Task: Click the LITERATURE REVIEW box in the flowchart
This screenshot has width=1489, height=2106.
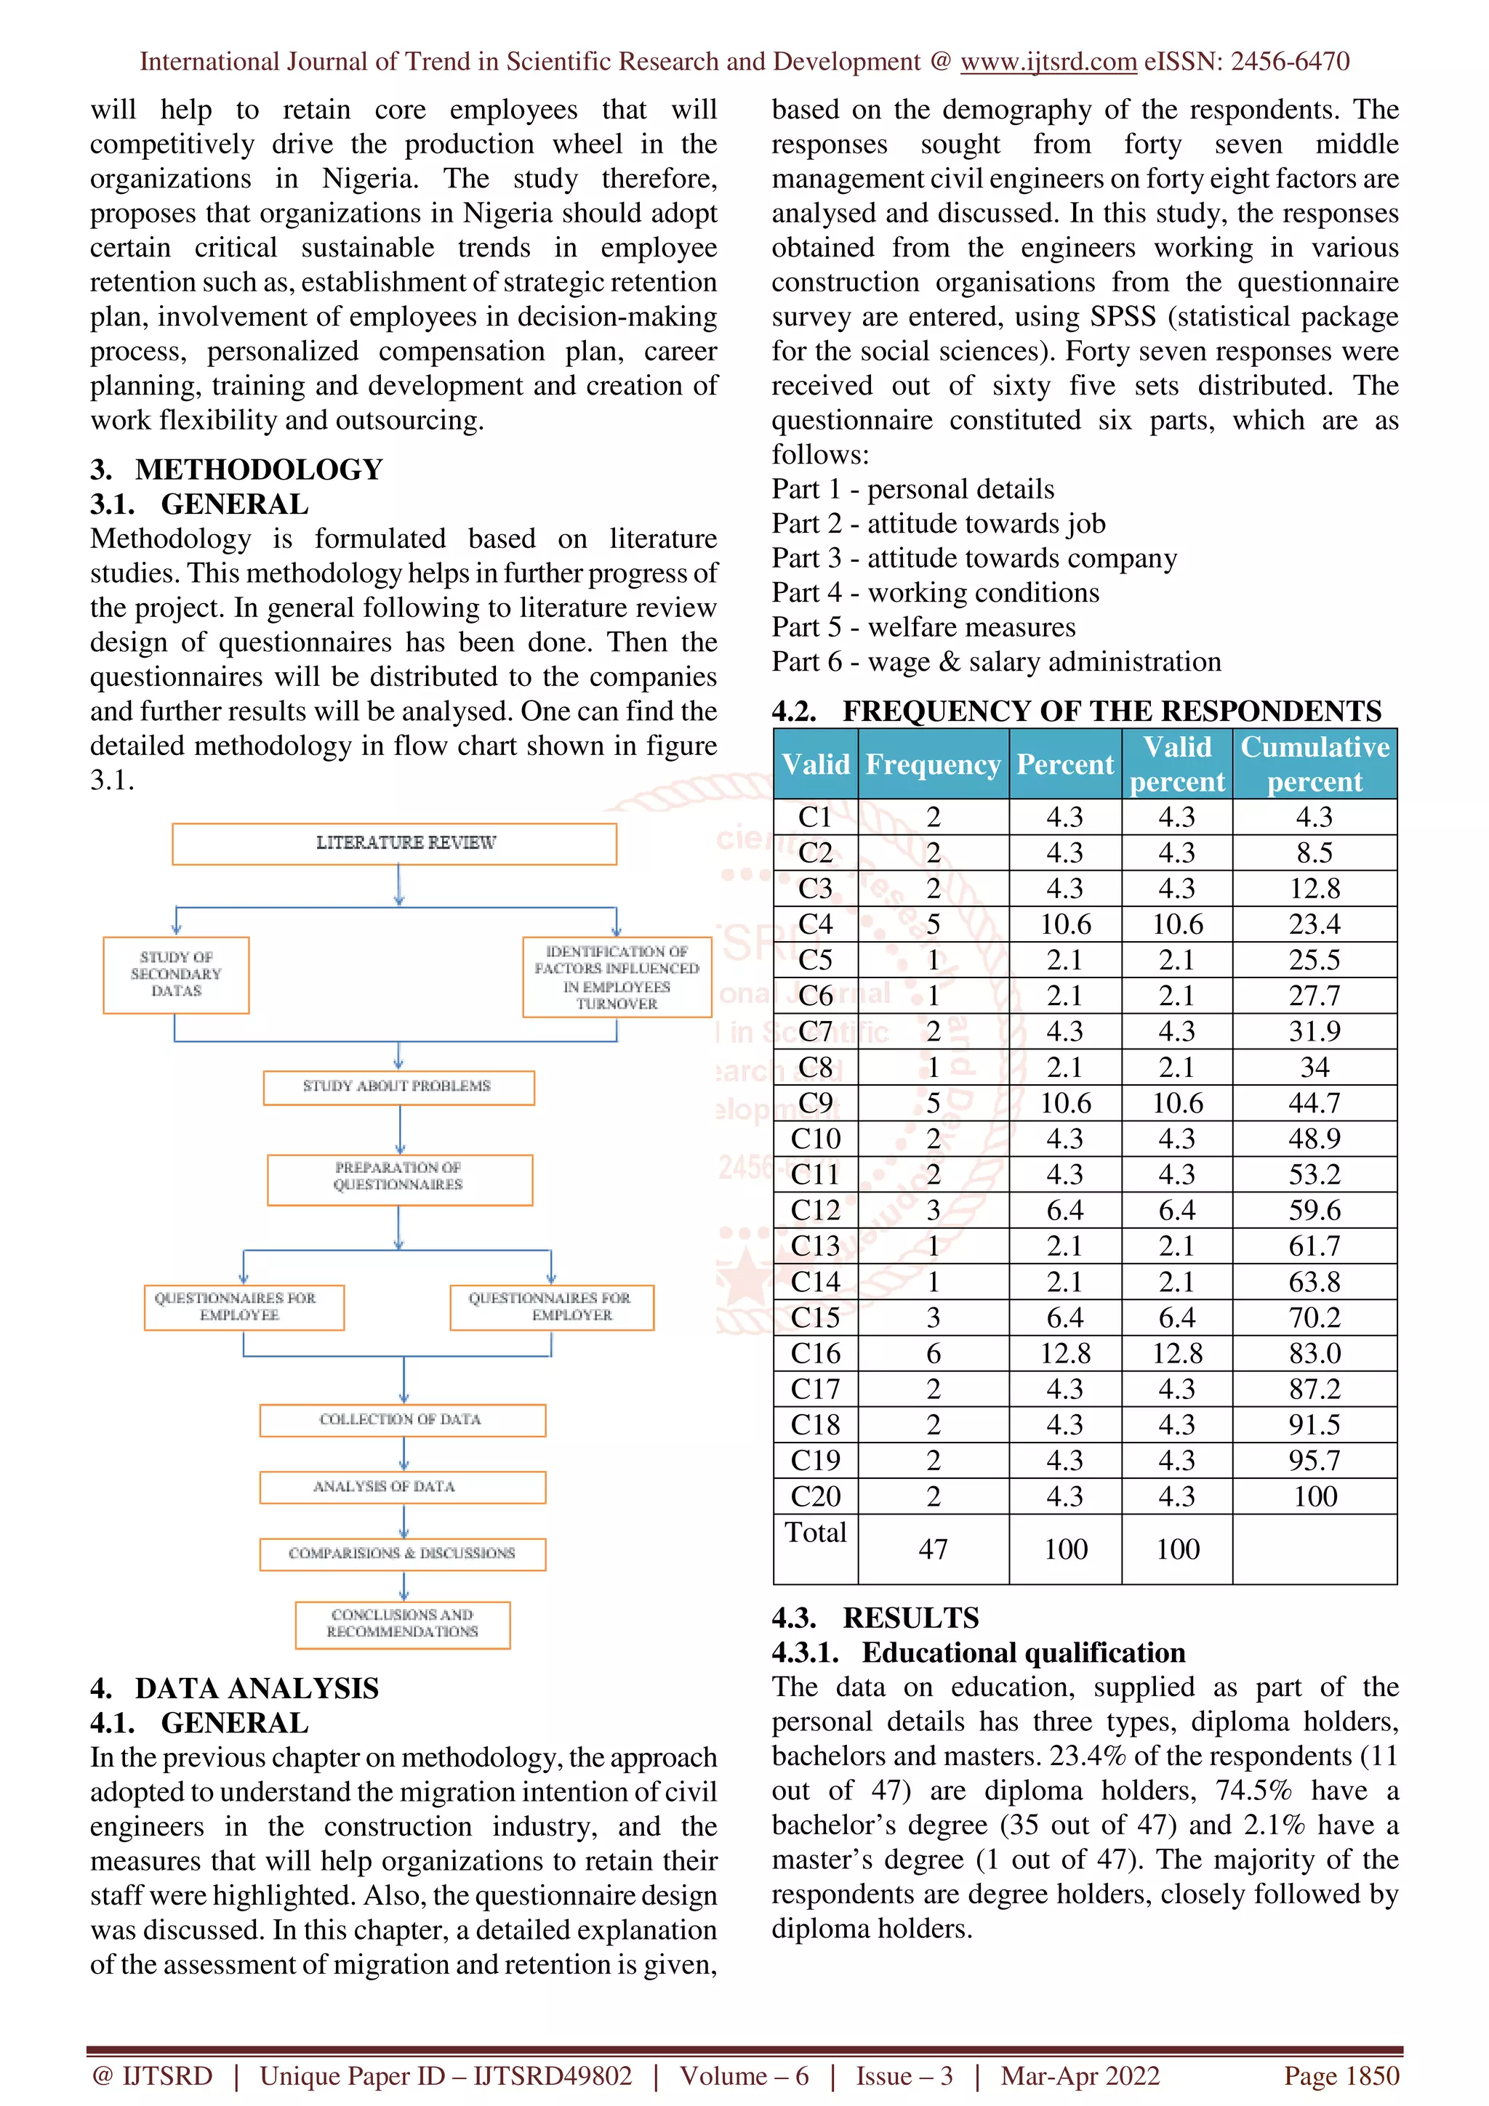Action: tap(395, 843)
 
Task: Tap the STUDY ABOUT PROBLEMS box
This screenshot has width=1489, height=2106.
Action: tap(398, 1087)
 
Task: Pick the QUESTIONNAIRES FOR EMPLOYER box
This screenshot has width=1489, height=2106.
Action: tap(551, 1307)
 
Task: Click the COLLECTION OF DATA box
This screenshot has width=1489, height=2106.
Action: tap(402, 1420)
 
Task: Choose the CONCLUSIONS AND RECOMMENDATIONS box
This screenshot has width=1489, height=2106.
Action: tap(402, 1623)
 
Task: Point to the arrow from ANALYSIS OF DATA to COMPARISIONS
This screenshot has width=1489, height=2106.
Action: tap(404, 1521)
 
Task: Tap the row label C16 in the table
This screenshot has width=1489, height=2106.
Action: tap(815, 1353)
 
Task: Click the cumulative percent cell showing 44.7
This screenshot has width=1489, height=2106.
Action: tap(1314, 1102)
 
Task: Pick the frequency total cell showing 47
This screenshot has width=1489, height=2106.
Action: tap(933, 1549)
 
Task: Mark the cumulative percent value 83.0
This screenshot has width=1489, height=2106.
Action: tap(1314, 1353)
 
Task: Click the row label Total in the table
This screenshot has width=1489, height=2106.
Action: tap(815, 1533)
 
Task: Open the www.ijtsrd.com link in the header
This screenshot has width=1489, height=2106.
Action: tap(1048, 62)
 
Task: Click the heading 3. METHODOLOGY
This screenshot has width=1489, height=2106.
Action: tap(237, 469)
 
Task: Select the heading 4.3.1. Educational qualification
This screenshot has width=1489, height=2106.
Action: tap(978, 1652)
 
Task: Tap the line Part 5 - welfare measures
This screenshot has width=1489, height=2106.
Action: tap(923, 627)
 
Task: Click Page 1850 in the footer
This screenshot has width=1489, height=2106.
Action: tap(1341, 2077)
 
